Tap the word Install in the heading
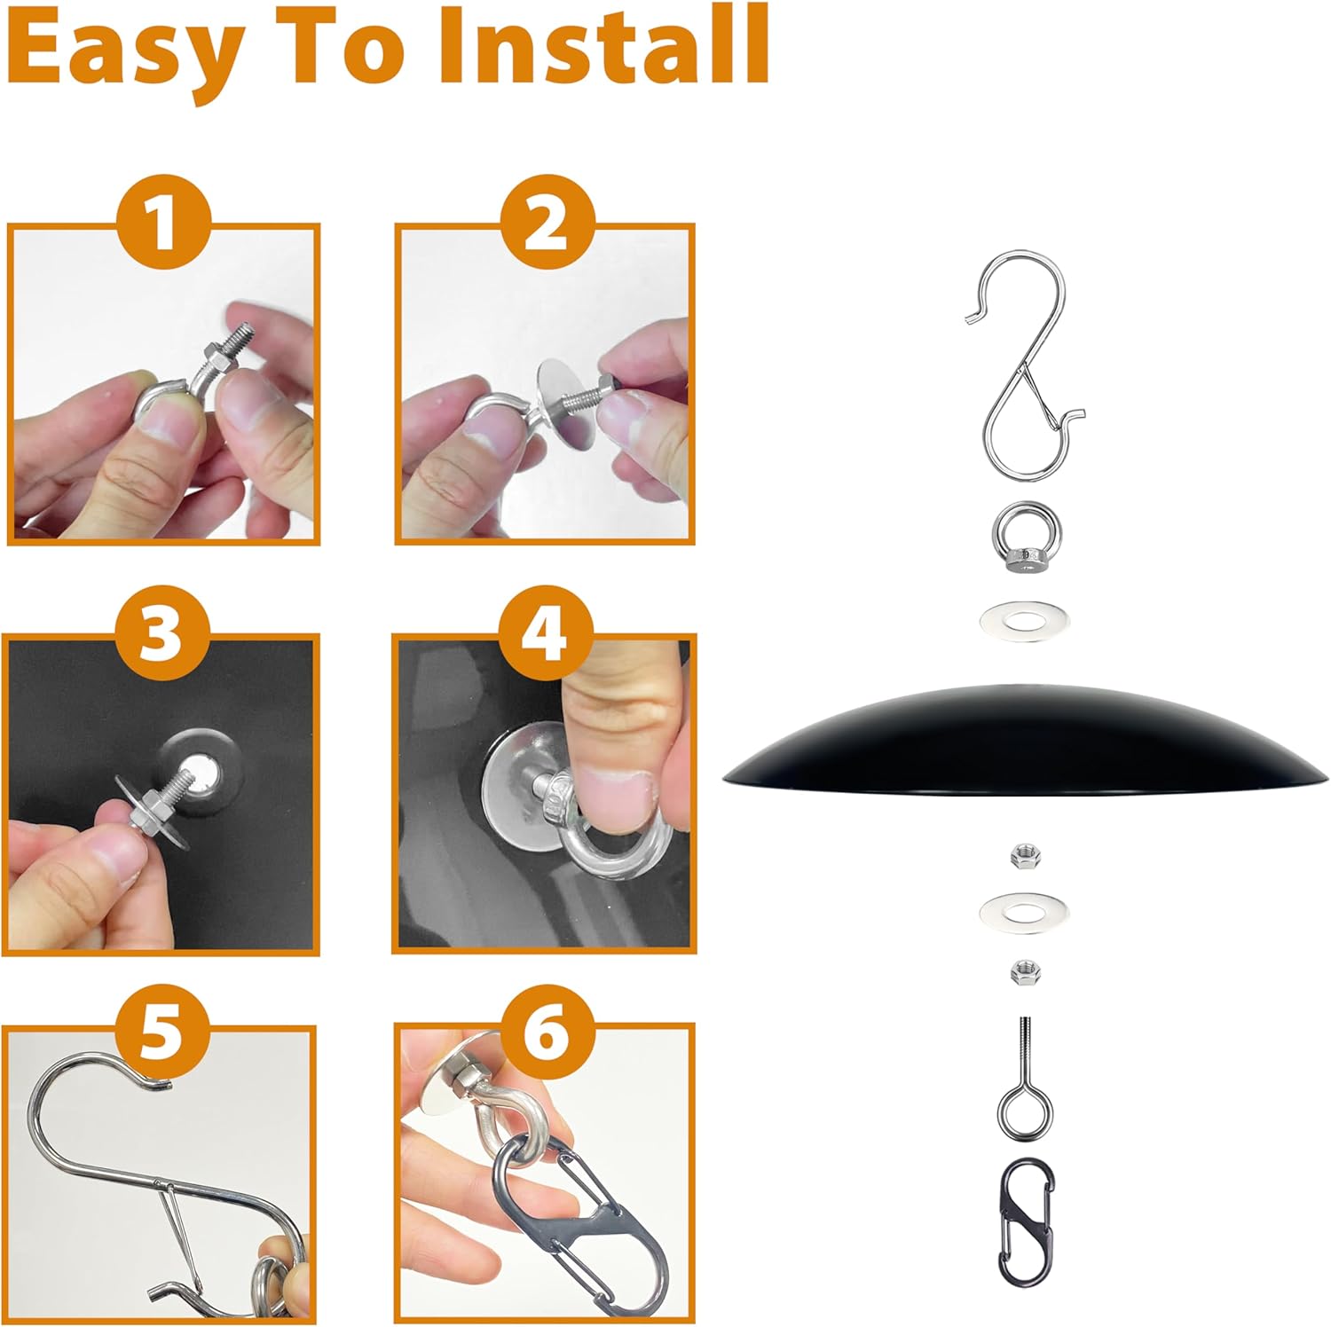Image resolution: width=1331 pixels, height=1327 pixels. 602,44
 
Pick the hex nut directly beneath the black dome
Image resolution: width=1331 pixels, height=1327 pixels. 1025,856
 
